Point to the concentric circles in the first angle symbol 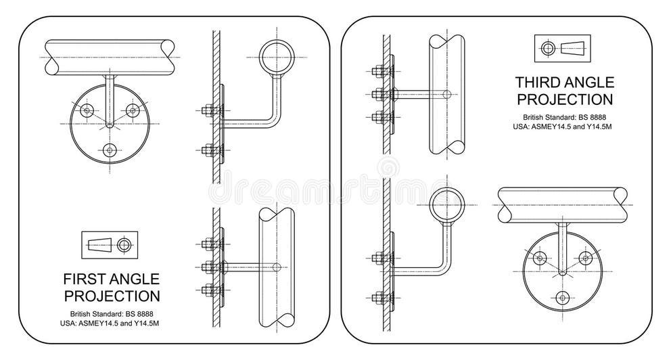pos(123,244)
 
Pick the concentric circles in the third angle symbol pos(547,47)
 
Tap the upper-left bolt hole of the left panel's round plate pos(86,110)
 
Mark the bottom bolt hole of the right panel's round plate pos(563,298)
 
